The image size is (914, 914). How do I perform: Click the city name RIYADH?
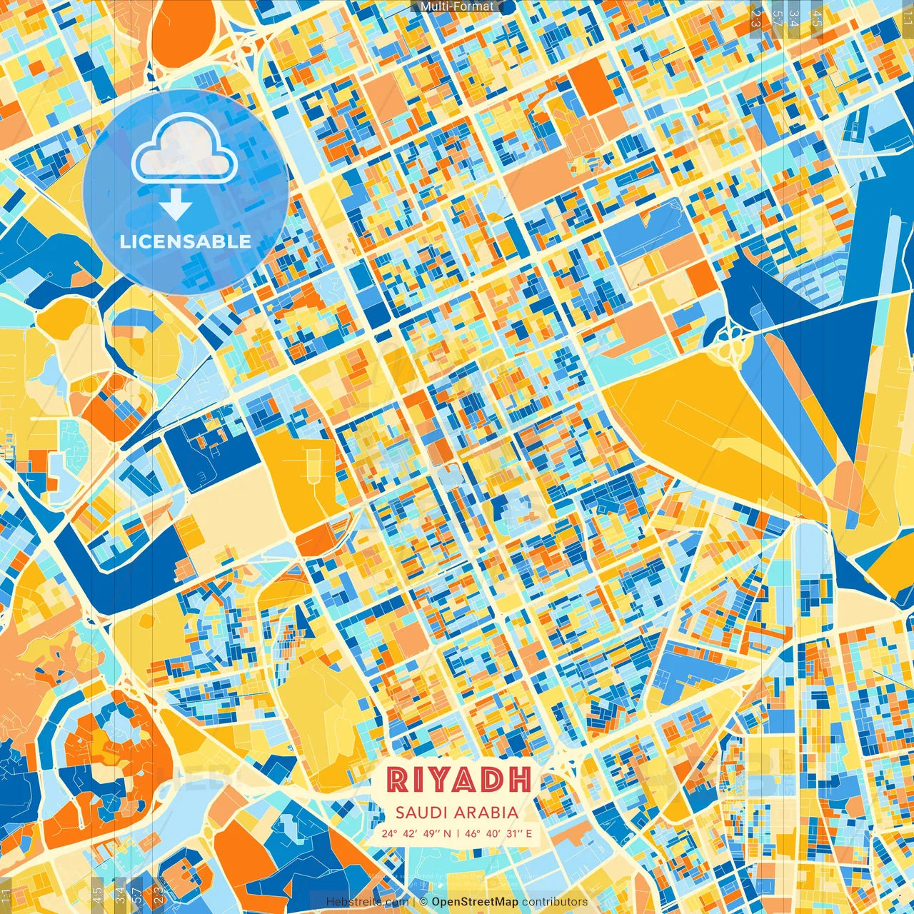[x=459, y=780]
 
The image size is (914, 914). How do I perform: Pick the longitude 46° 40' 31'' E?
[x=499, y=833]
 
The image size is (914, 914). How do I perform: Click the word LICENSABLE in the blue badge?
[x=186, y=241]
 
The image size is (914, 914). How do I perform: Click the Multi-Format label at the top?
[x=456, y=6]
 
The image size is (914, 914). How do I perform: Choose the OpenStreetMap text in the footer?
[x=474, y=902]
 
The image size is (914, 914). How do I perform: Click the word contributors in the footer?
[x=555, y=902]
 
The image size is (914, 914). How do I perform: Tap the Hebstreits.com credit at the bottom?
[x=367, y=902]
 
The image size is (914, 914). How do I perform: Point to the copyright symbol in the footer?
[x=423, y=902]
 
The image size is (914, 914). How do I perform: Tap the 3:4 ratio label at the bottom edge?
[x=120, y=893]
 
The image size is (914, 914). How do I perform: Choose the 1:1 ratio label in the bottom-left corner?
[x=6, y=895]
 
